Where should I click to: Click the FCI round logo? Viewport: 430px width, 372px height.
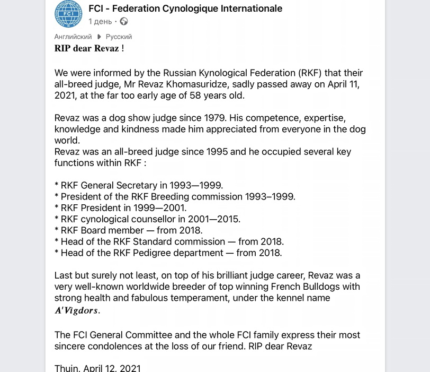click(68, 14)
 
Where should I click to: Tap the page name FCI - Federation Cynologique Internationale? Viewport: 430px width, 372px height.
click(185, 8)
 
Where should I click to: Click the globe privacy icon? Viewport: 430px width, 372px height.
click(124, 22)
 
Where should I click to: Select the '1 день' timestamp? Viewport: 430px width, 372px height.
click(100, 22)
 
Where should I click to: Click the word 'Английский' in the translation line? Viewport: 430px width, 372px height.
click(73, 37)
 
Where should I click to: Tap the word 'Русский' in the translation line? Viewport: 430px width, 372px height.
click(119, 37)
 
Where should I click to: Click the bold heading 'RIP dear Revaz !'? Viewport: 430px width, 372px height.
click(89, 48)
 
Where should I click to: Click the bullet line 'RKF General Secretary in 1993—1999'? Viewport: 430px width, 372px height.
click(139, 186)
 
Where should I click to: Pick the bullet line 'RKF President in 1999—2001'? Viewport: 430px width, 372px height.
click(121, 208)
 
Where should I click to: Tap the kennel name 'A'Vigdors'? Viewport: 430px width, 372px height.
click(77, 310)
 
